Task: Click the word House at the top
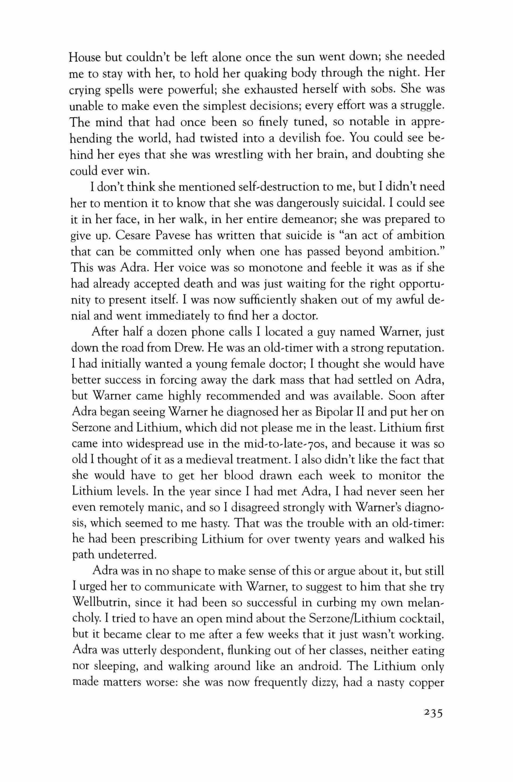tap(84, 57)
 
